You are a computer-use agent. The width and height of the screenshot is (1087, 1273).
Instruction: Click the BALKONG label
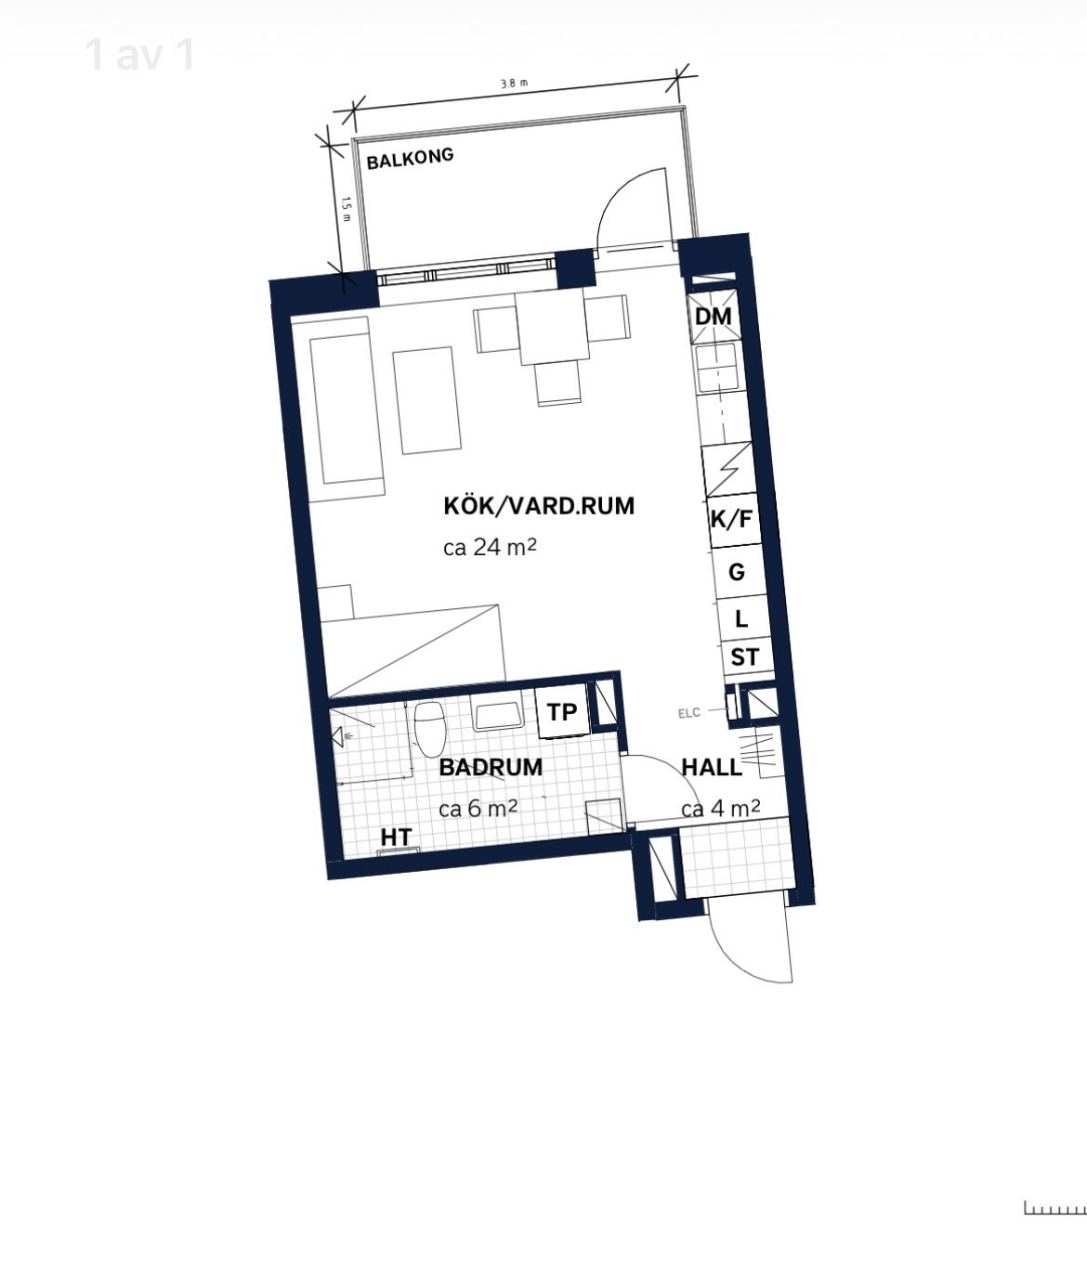pos(410,158)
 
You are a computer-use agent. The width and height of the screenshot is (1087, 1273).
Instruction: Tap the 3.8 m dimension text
pos(515,84)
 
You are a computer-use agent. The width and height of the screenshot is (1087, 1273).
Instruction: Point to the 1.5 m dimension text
pos(346,210)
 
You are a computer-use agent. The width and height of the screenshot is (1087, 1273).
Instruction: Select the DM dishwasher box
pos(713,317)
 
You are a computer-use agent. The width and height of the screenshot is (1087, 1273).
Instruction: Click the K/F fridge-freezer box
pos(732,520)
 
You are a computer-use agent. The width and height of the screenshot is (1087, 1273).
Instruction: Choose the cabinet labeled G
pos(737,572)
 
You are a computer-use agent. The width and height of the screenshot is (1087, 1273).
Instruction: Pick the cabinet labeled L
pos(742,618)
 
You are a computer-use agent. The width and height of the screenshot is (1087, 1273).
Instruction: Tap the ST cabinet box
pos(746,657)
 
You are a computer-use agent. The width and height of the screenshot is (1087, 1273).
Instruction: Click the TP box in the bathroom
pos(562,712)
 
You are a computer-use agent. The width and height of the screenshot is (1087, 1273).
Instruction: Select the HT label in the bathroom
pos(396,838)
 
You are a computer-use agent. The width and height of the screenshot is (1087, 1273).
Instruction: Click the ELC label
pos(689,713)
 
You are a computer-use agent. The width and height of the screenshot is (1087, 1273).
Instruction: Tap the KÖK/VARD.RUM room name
pos(539,506)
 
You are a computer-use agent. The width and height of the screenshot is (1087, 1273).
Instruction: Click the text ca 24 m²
pos(490,547)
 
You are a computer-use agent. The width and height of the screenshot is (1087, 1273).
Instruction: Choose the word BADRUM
pos(491,767)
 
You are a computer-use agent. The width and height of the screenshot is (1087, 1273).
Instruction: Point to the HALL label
pos(712,767)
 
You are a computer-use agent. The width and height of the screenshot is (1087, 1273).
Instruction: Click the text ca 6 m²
pos(478,809)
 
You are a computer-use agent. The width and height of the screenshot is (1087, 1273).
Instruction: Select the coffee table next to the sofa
pos(426,400)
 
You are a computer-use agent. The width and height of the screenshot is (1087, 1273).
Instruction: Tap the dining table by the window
pos(552,329)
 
